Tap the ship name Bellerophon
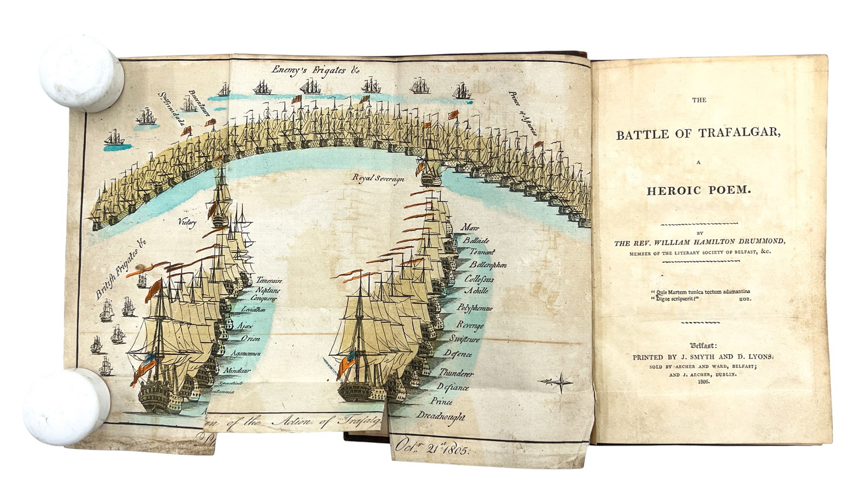point(488,265)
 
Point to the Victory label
point(187,222)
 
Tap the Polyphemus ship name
point(475,308)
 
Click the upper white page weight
point(82,73)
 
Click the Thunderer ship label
point(456,373)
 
